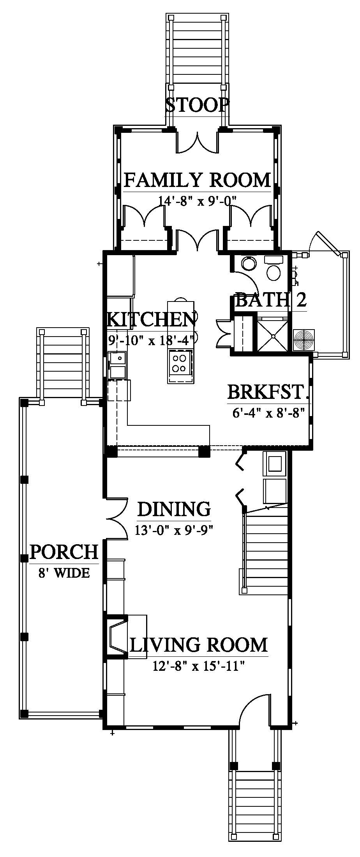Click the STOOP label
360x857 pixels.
(197, 105)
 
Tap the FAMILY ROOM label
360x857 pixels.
(197, 180)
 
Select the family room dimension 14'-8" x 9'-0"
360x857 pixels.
(198, 200)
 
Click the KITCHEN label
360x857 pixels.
(152, 320)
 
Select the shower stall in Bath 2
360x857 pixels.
(272, 334)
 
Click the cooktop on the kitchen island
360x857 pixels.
(180, 363)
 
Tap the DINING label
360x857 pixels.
(174, 509)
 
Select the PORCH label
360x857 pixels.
(64, 552)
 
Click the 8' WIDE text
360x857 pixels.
(64, 573)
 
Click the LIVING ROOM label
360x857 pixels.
(199, 645)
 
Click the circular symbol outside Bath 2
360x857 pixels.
(304, 339)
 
